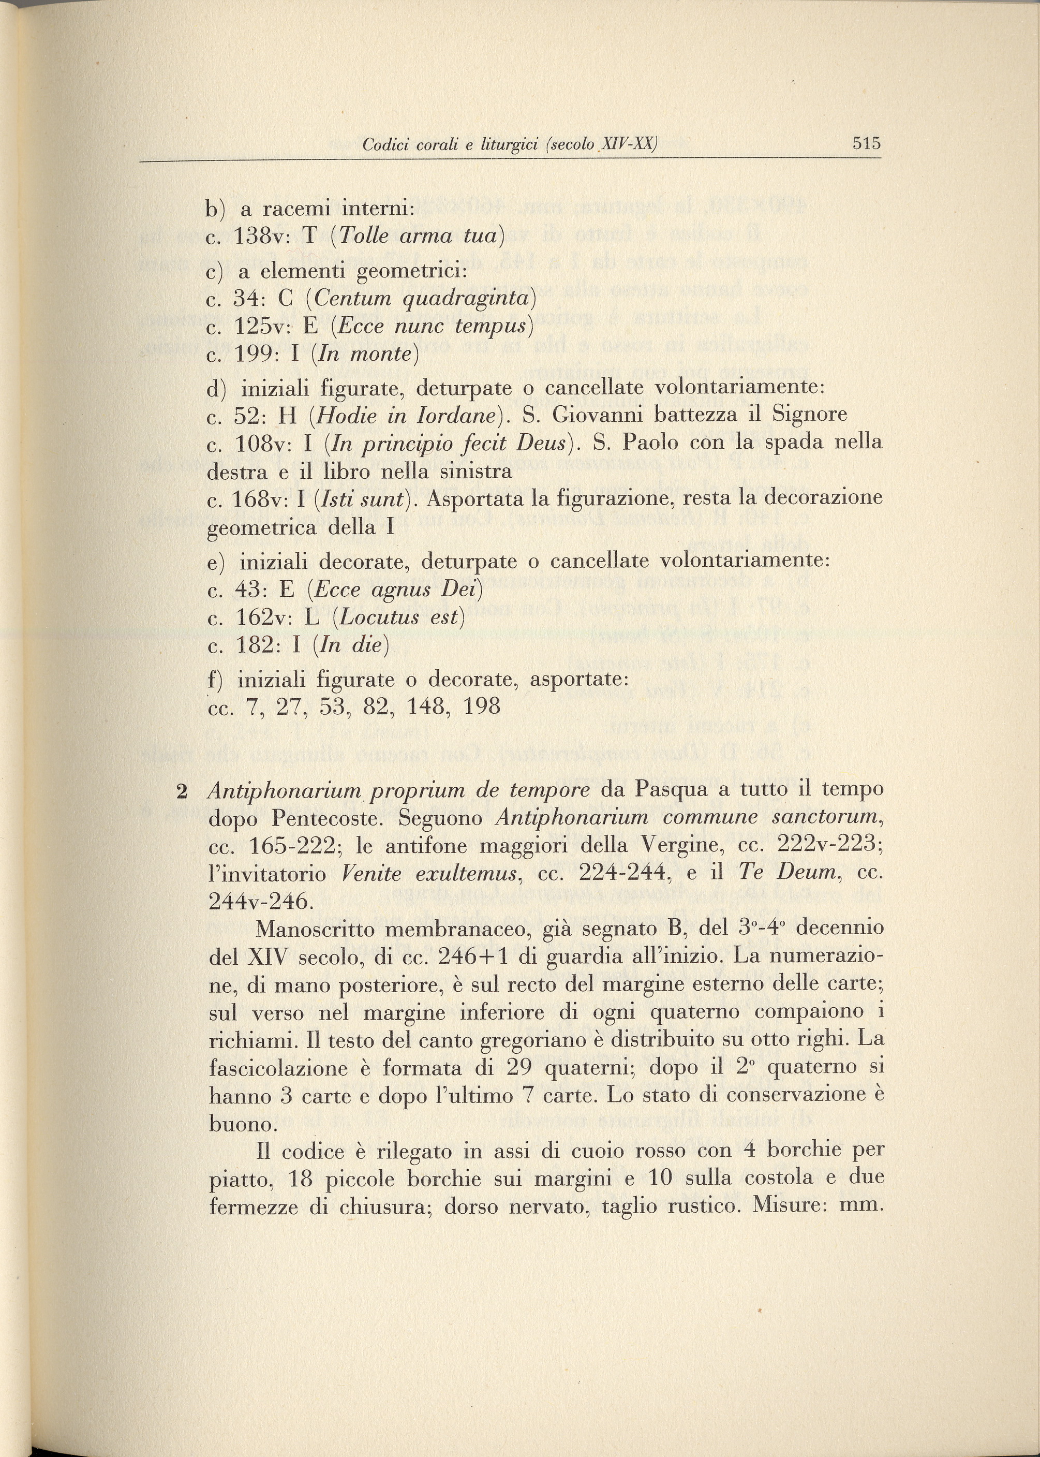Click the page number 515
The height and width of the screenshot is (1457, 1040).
867,143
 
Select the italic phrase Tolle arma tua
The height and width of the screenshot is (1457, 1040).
418,237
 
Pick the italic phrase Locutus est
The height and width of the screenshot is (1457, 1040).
398,617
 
